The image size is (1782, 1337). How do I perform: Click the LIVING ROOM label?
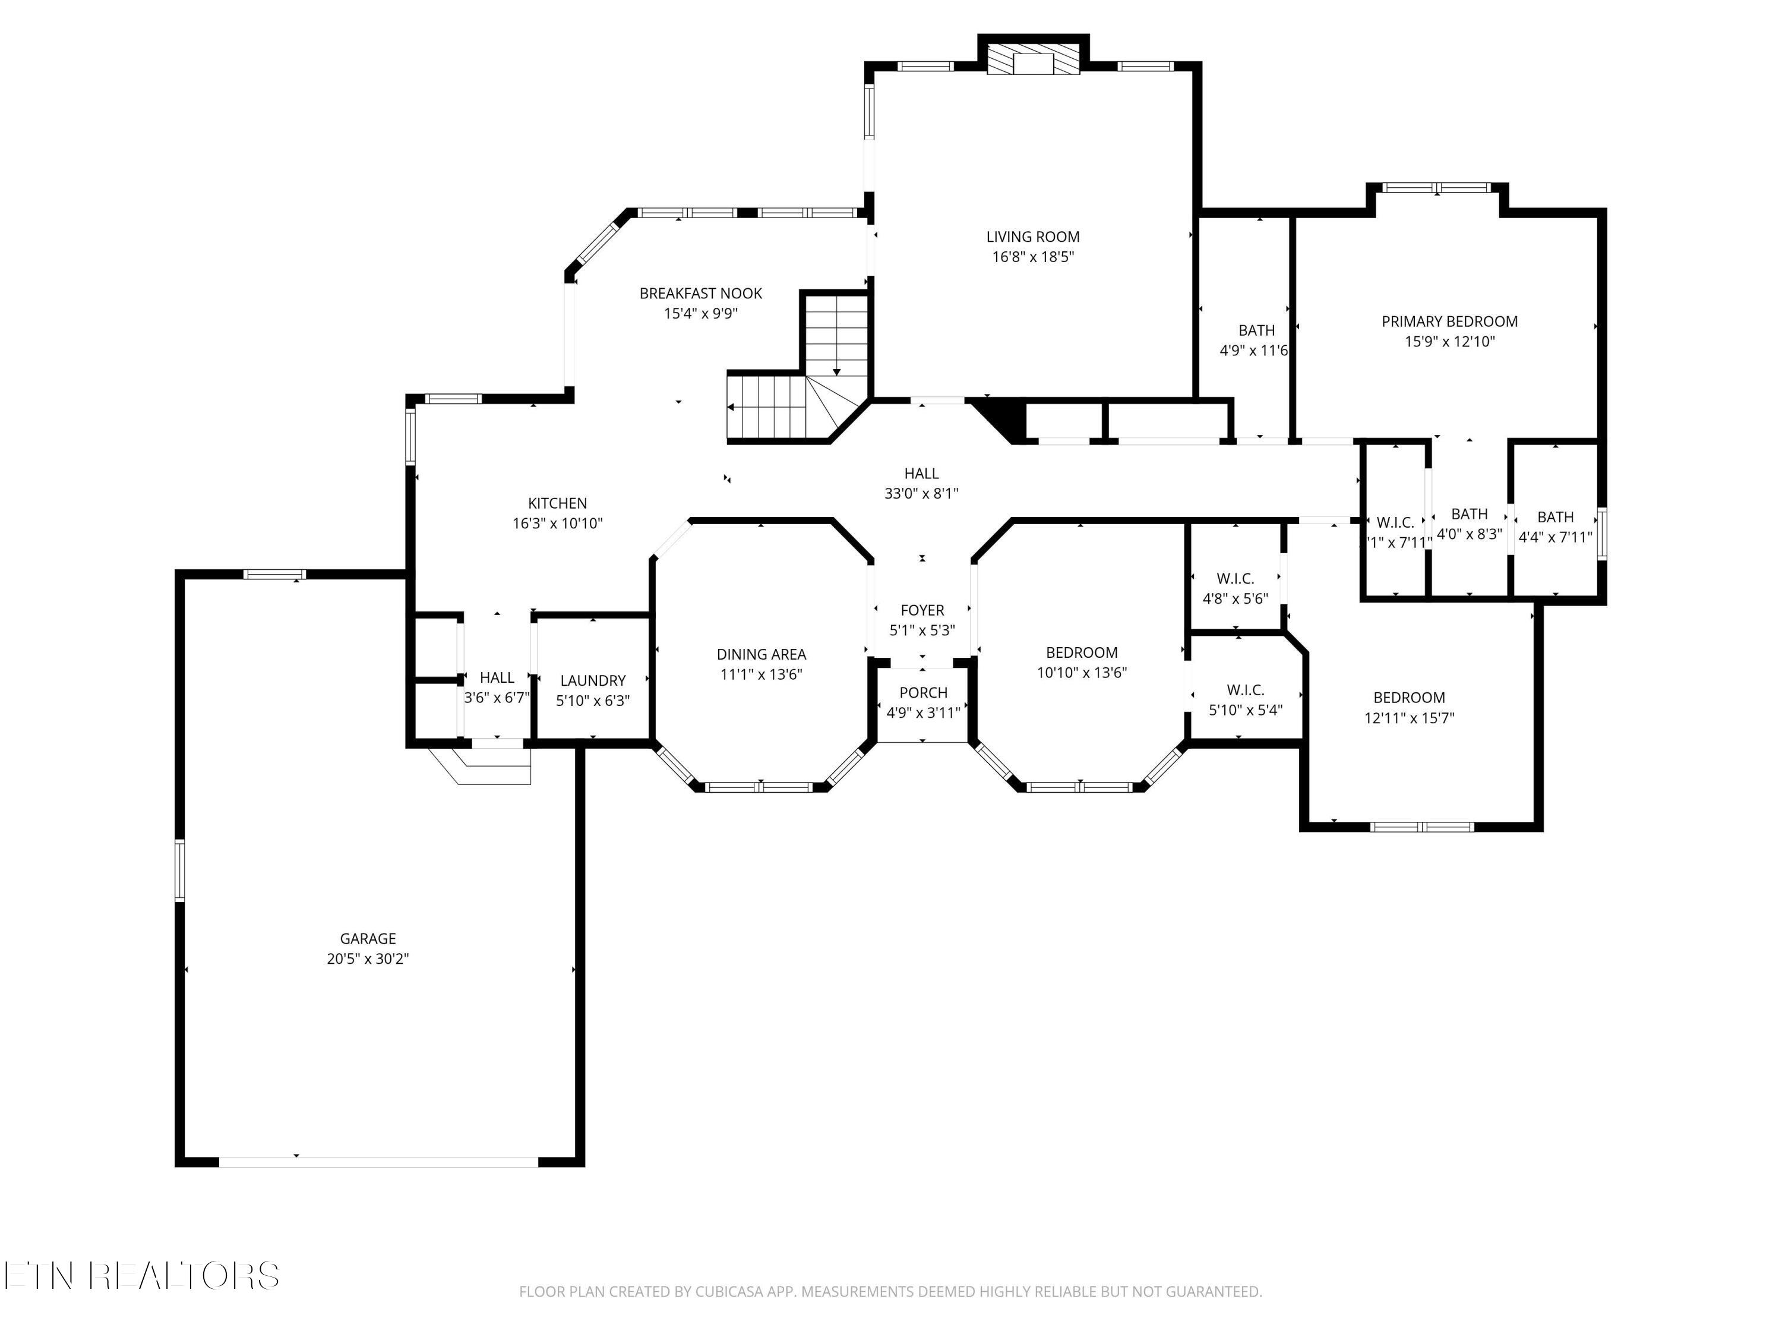coord(1033,237)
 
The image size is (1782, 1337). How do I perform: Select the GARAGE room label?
coord(368,939)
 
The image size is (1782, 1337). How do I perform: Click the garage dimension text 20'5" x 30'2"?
coord(368,959)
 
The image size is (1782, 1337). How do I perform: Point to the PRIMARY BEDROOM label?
coord(1450,321)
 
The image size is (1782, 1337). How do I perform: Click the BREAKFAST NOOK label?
coord(701,294)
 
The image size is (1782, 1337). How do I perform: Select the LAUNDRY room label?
coord(593,681)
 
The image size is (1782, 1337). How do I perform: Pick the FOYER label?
coord(922,611)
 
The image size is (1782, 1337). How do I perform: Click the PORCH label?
coord(923,693)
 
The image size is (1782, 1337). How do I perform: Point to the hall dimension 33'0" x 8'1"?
coord(922,494)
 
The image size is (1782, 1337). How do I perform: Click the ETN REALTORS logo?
coord(142,1275)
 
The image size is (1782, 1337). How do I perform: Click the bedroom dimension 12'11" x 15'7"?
coord(1409,718)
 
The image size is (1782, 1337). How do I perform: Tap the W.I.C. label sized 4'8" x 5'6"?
coord(1235,579)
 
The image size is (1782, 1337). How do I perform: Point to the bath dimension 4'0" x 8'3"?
coord(1470,534)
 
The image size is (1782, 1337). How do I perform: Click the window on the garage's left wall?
coord(179,871)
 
